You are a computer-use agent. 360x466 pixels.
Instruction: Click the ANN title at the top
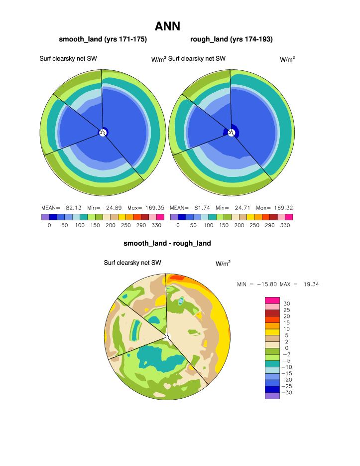[x=167, y=26]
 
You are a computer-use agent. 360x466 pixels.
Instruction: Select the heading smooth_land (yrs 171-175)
[x=103, y=39]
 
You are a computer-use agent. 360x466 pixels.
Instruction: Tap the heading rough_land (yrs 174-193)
[x=232, y=39]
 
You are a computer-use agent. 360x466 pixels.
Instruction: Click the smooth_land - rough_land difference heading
[x=167, y=243]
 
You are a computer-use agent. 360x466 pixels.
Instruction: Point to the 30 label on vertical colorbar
[x=287, y=304]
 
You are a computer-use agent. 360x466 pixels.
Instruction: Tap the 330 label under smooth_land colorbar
[x=160, y=226]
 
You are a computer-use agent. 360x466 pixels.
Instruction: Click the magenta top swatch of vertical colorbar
[x=272, y=299]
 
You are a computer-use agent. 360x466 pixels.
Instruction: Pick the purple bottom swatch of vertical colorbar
[x=272, y=396]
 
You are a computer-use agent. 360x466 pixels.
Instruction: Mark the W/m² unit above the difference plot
[x=223, y=263]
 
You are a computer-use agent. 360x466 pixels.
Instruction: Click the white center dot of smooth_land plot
[x=102, y=133]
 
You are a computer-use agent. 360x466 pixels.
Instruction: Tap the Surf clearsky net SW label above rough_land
[x=197, y=59]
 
